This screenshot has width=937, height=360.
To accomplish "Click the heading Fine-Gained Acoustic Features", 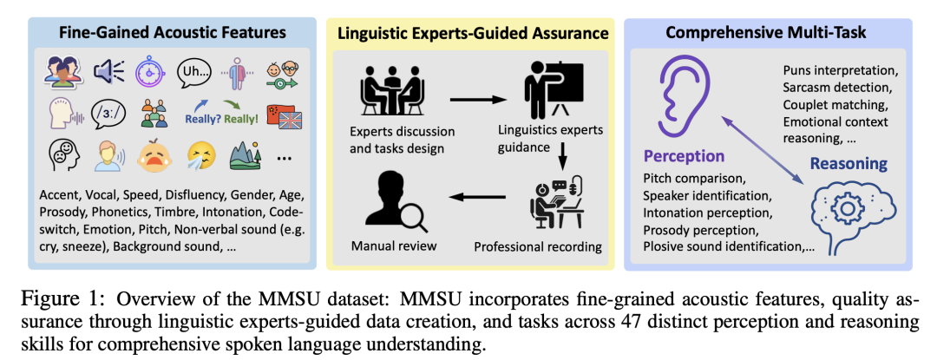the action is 172,32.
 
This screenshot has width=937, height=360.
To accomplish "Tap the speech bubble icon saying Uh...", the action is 195,72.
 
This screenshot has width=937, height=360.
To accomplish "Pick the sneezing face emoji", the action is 200,156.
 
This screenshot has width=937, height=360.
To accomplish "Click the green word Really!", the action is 241,119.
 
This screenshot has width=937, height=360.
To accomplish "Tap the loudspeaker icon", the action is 108,72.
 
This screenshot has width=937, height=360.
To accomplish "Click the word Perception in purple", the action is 684,156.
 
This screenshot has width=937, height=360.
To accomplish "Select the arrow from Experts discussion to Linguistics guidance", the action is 478,99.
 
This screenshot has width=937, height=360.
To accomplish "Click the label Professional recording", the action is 538,246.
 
